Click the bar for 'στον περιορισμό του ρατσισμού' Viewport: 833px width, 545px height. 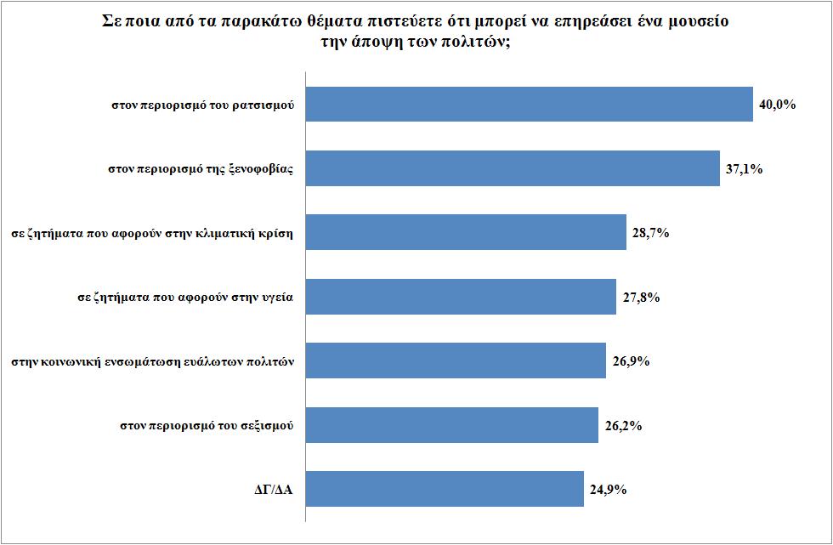pyautogui.click(x=529, y=105)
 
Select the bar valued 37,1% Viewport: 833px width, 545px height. pyautogui.click(x=512, y=168)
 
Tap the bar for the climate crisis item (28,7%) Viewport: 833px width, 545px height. pyautogui.click(x=465, y=233)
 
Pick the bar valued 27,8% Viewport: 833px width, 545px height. pyautogui.click(x=460, y=297)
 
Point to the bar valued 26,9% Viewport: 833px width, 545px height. pyautogui.click(x=455, y=360)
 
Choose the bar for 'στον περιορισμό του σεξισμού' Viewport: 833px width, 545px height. pyautogui.click(x=451, y=425)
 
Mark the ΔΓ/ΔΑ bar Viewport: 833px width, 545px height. pyautogui.click(x=444, y=489)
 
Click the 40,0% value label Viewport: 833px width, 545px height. pyautogui.click(x=776, y=105)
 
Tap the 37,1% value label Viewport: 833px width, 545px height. pyautogui.click(x=745, y=168)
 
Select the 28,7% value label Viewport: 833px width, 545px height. pyautogui.click(x=651, y=233)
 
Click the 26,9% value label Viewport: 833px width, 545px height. pyautogui.click(x=632, y=361)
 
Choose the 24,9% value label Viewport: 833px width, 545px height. pyautogui.click(x=609, y=489)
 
